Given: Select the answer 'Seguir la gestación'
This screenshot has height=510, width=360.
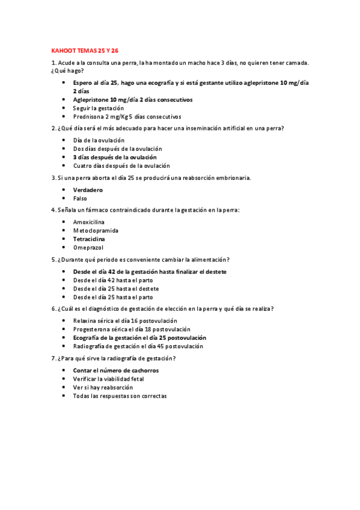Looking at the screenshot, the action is tap(98, 108).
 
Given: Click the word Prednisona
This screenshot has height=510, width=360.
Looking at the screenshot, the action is tap(88, 116).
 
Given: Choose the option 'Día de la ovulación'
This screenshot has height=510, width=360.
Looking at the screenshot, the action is tap(99, 140).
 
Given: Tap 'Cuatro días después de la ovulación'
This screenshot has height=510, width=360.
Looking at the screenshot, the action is tap(121, 165).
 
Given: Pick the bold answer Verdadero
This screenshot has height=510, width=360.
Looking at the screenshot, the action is tap(88, 189).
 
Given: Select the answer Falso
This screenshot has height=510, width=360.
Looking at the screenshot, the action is tap(80, 198).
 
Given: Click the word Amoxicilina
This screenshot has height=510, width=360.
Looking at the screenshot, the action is tap(88, 222).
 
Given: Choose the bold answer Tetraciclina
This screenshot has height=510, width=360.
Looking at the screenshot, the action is tap(90, 239).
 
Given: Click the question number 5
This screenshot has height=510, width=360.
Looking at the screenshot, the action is tap(53, 259).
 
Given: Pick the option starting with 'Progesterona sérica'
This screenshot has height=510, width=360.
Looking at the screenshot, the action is tap(132, 329).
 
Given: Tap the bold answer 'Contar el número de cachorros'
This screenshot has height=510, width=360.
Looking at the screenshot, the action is tap(116, 370).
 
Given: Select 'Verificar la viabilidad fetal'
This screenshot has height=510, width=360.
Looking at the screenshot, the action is tap(108, 379).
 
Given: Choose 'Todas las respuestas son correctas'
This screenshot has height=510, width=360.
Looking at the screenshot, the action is tap(120, 396).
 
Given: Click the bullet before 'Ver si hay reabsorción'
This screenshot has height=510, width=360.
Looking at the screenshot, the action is tap(64, 387).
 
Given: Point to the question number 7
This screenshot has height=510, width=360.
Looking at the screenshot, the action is tap(53, 358).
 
